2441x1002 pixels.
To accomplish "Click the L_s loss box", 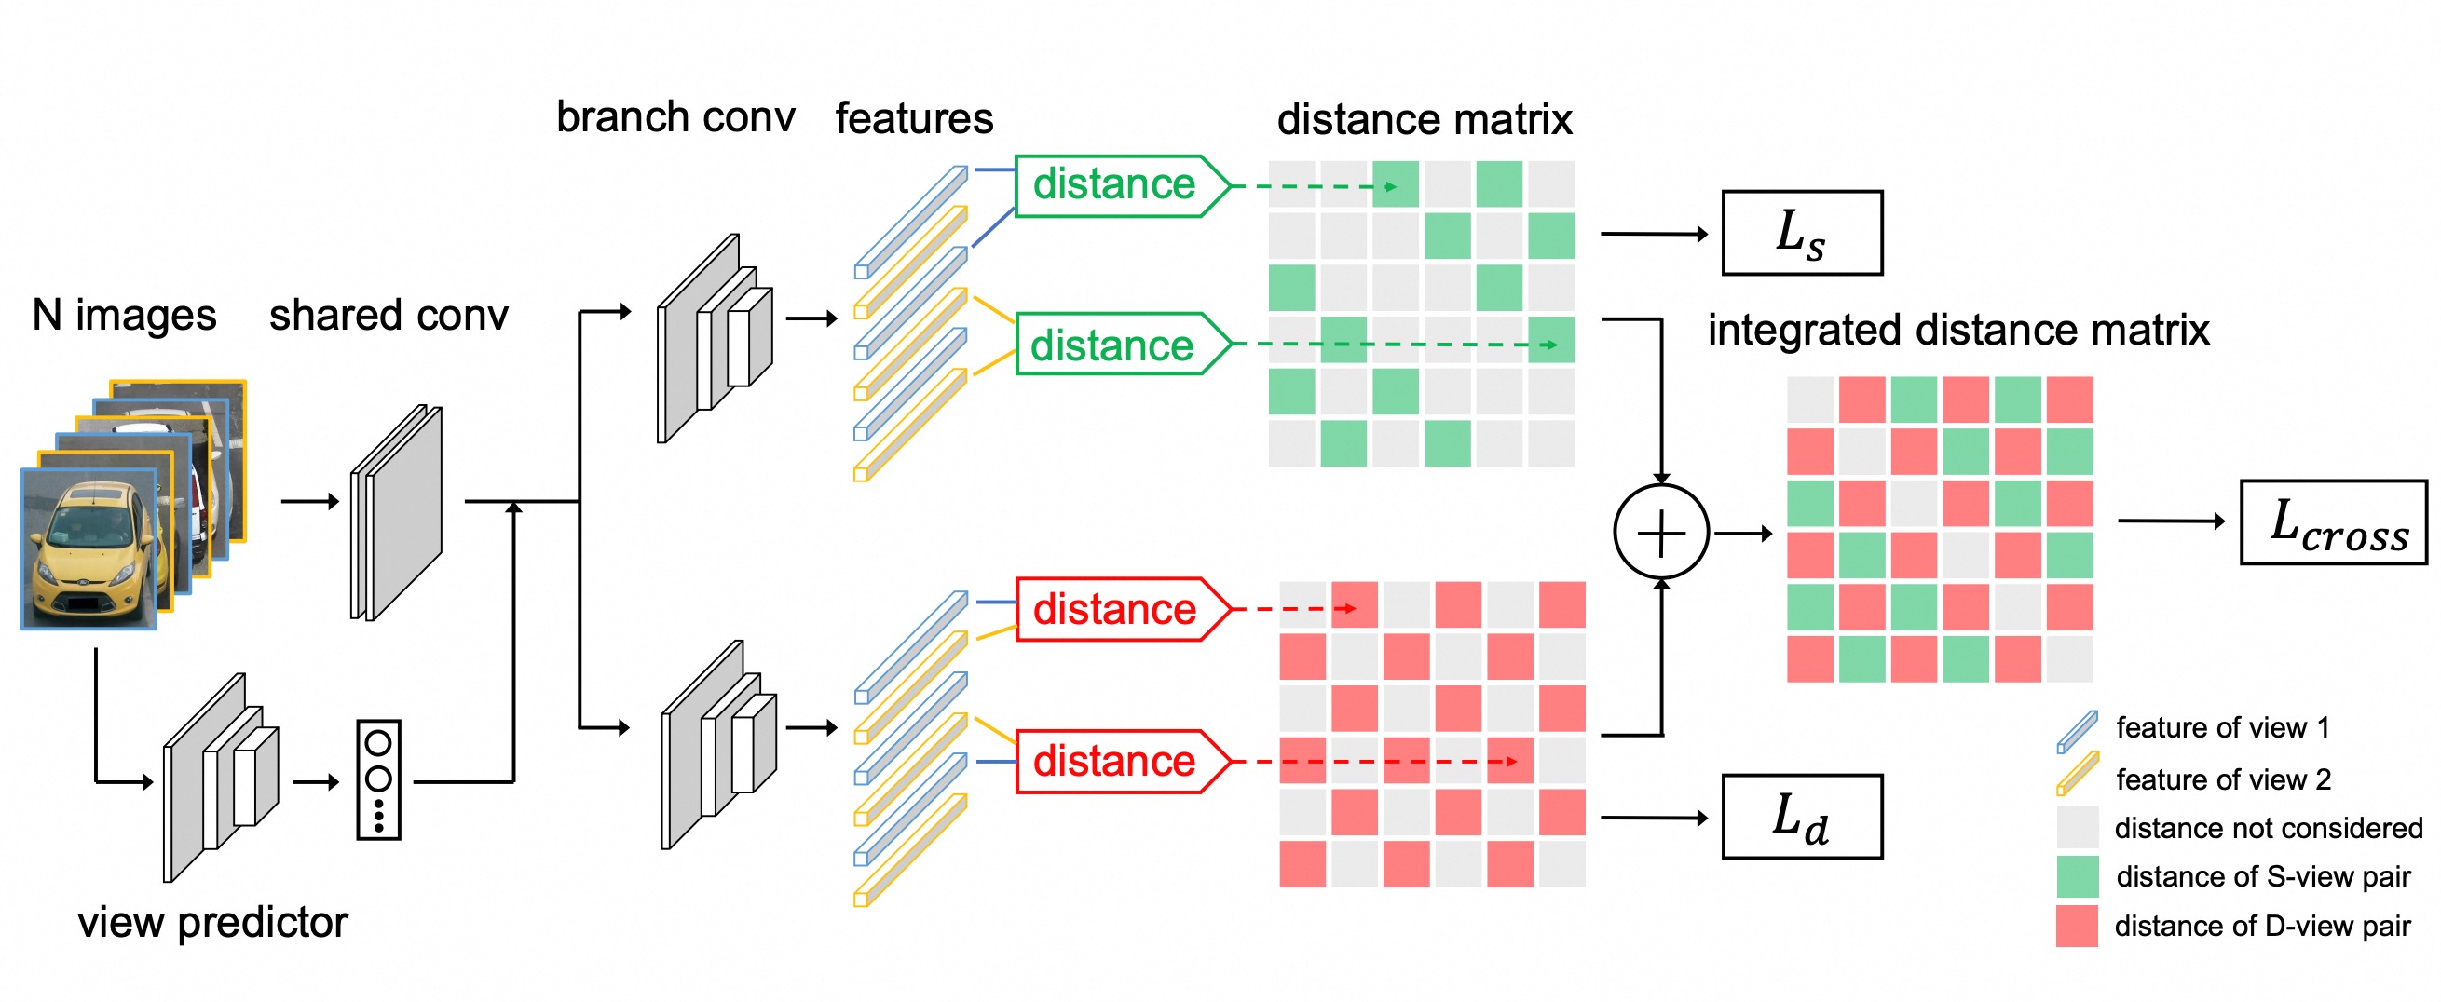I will (1801, 233).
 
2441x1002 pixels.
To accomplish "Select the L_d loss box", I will (1801, 817).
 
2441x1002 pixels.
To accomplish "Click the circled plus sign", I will (1661, 533).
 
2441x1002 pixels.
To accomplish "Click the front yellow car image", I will (89, 550).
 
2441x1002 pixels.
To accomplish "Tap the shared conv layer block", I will (398, 513).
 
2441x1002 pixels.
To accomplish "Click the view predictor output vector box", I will (378, 779).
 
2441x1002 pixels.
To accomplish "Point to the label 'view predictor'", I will (212, 923).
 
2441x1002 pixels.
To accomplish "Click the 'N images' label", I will (124, 315).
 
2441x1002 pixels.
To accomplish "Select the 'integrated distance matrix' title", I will (1957, 331).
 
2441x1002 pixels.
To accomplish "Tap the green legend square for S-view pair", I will (2076, 876).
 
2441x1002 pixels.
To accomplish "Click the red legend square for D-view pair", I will (2076, 926).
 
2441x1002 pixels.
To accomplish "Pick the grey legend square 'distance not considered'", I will (2076, 827).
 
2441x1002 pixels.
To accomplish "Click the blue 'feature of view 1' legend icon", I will (2076, 731).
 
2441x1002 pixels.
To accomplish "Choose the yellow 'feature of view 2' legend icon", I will (2076, 774).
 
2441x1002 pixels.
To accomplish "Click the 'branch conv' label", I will (675, 117).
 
